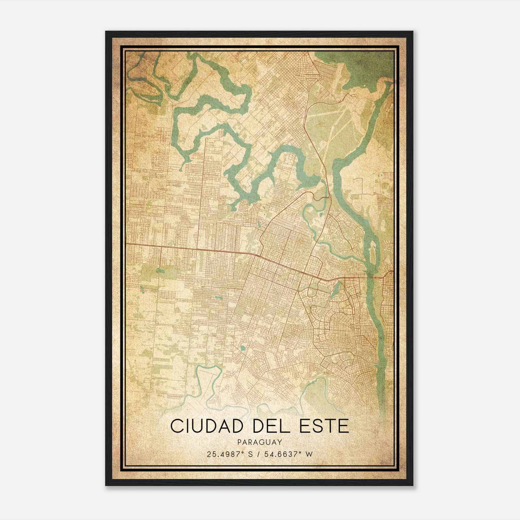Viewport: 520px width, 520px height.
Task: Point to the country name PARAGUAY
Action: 259,442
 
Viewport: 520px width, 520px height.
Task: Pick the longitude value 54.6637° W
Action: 289,454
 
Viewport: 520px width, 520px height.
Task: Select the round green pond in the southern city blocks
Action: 242,349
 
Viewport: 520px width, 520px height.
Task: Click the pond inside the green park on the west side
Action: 159,270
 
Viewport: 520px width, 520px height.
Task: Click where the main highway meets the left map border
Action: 127,243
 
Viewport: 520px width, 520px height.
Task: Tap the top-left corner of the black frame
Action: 106,32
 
